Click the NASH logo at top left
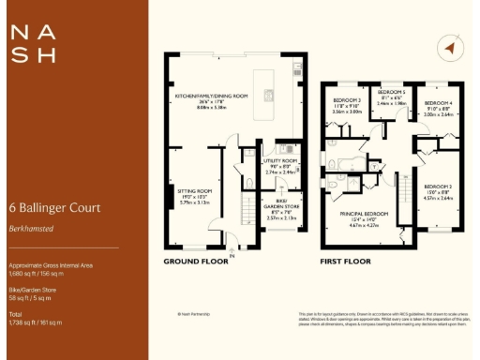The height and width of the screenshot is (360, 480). [32, 43]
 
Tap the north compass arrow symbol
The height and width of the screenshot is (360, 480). [450, 48]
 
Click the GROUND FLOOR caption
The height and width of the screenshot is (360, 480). [196, 262]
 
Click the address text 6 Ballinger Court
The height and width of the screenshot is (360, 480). [53, 207]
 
